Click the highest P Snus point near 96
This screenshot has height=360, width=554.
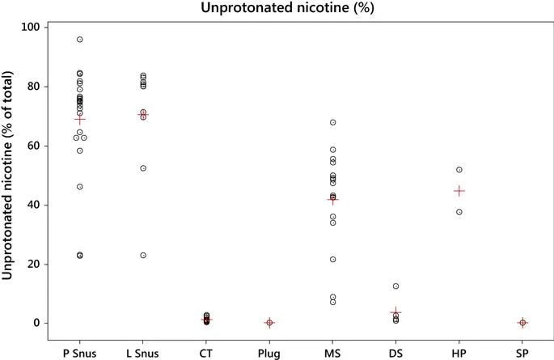pyautogui.click(x=79, y=40)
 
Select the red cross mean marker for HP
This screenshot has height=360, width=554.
pyautogui.click(x=459, y=191)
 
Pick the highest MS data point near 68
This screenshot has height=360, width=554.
pyautogui.click(x=332, y=122)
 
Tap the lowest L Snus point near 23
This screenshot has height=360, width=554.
pyautogui.click(x=143, y=255)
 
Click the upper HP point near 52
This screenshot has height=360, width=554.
pyautogui.click(x=459, y=170)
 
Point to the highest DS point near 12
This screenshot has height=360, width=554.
pyautogui.click(x=395, y=286)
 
